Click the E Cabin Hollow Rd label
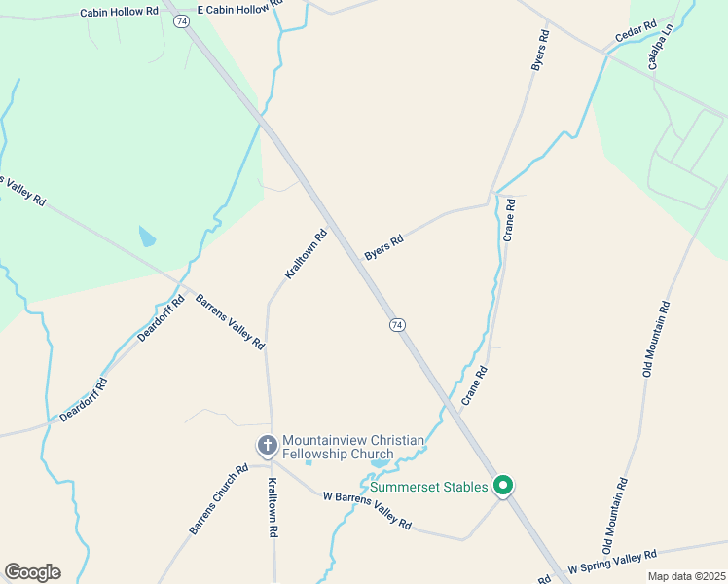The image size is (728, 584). pyautogui.click(x=239, y=9)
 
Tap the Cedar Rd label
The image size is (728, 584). pyautogui.click(x=637, y=33)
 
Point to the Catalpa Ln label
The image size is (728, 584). pyautogui.click(x=661, y=49)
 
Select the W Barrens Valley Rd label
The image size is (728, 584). pyautogui.click(x=367, y=509)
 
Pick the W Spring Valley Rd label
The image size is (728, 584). pyautogui.click(x=613, y=562)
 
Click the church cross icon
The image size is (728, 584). pyautogui.click(x=268, y=446)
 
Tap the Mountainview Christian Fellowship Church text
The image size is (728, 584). pyautogui.click(x=352, y=447)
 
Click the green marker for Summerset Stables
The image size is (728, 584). pyautogui.click(x=503, y=485)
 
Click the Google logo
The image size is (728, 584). pyautogui.click(x=32, y=572)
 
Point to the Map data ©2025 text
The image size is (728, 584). pyautogui.click(x=686, y=576)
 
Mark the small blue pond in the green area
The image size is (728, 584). pyautogui.click(x=146, y=237)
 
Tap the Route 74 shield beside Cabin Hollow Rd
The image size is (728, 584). pyautogui.click(x=181, y=21)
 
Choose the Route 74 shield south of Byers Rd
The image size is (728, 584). pyautogui.click(x=396, y=325)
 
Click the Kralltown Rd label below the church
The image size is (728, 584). pyautogui.click(x=273, y=507)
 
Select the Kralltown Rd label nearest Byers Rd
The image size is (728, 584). pyautogui.click(x=306, y=254)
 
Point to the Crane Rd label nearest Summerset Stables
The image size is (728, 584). pyautogui.click(x=473, y=386)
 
